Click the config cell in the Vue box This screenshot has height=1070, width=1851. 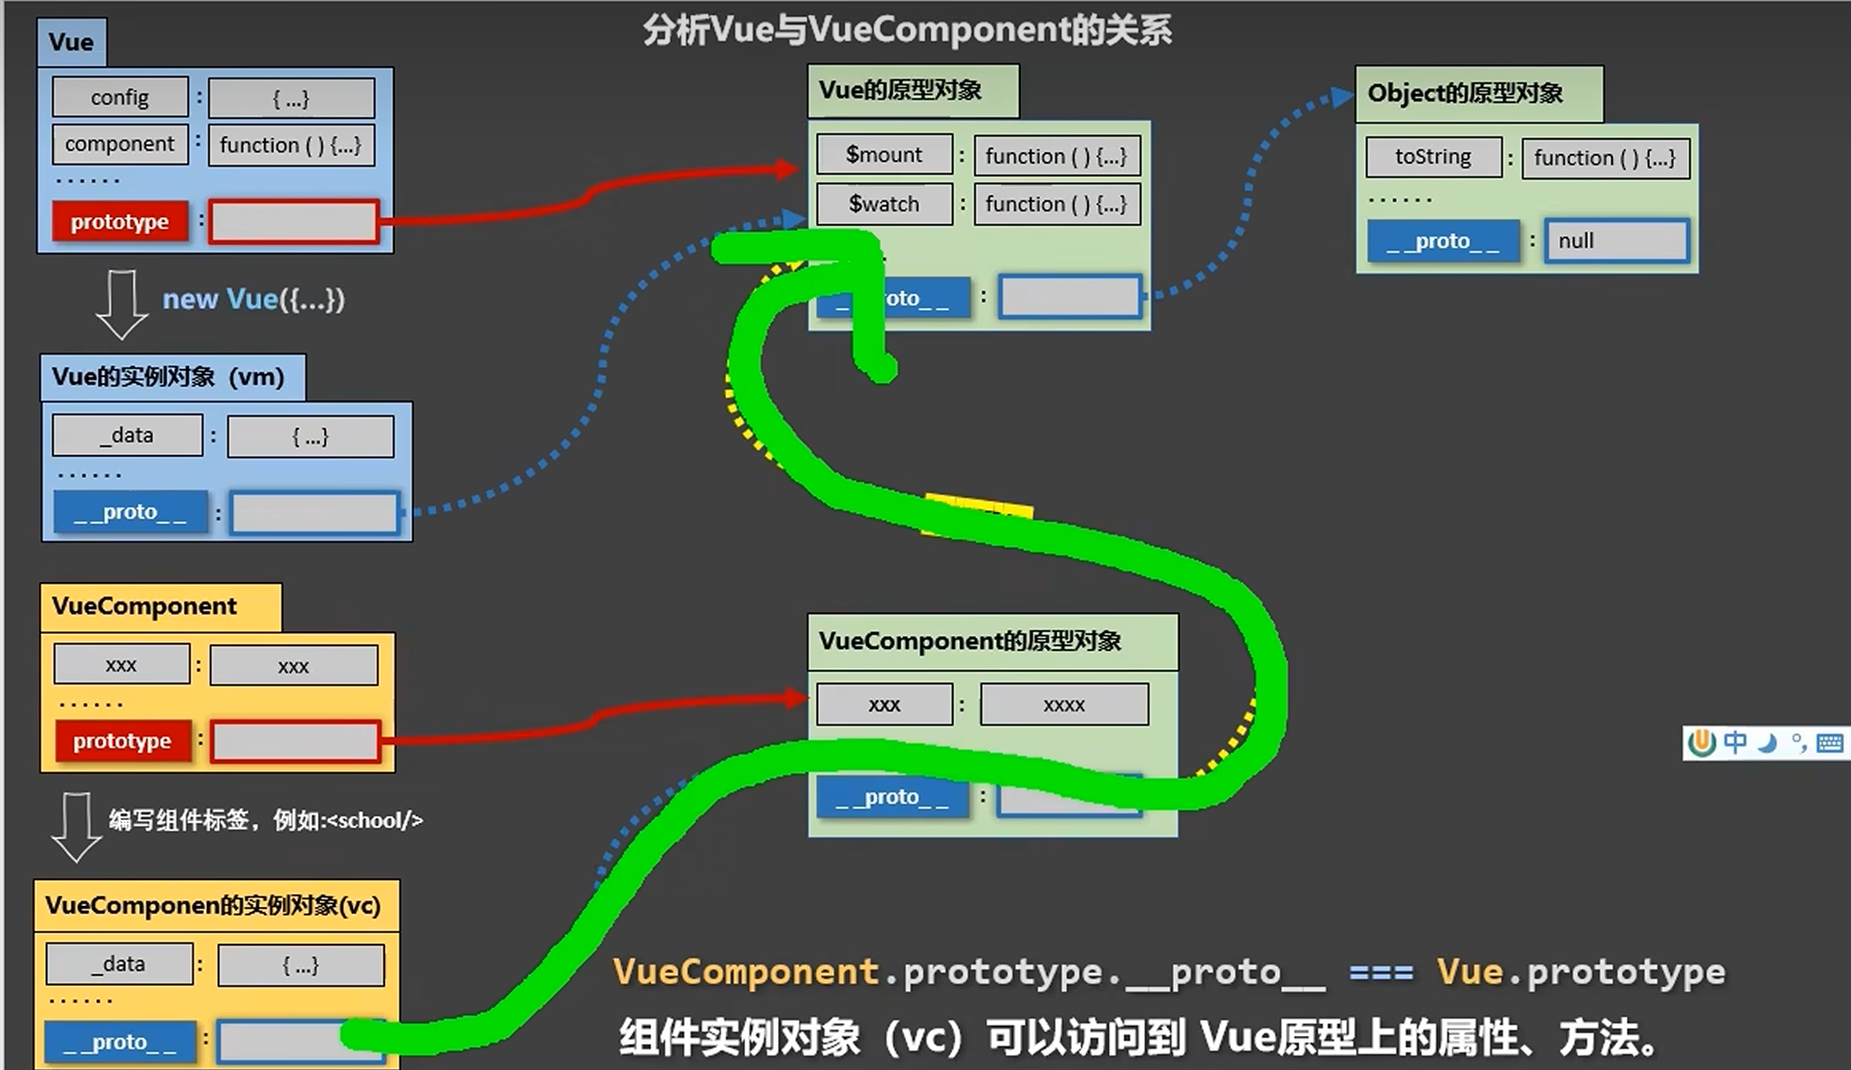tap(120, 98)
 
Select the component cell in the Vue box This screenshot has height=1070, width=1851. tap(120, 144)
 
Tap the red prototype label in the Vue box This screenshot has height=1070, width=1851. tap(120, 221)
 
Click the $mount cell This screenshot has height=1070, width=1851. tap(884, 155)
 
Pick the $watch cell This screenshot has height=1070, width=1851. tap(884, 204)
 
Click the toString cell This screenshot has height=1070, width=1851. tap(1433, 158)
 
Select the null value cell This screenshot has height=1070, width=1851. tap(1616, 241)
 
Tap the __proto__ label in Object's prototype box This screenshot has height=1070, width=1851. tap(1443, 241)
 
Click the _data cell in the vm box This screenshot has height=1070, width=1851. tap(127, 435)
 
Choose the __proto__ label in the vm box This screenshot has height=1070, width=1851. tap(131, 512)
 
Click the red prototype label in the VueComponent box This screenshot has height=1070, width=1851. tap(123, 741)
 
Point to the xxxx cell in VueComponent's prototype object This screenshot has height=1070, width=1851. tap(1064, 705)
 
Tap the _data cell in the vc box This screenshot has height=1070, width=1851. tap(119, 964)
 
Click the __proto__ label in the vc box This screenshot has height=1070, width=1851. tap(120, 1042)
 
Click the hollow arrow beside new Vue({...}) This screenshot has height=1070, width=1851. tap(121, 304)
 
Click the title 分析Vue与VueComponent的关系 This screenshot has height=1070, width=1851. tap(907, 30)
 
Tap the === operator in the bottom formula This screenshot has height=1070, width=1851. tap(1381, 972)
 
